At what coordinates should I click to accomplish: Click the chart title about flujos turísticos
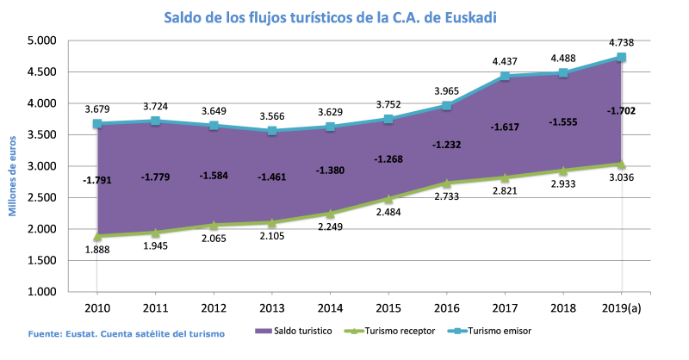(342, 17)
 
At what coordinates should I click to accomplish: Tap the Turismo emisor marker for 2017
(504, 76)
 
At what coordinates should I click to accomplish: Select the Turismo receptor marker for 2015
(388, 199)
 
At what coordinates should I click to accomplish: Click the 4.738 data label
(621, 40)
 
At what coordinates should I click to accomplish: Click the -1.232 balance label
(447, 145)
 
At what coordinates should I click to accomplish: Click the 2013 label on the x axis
(272, 307)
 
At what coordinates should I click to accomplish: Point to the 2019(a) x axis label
(621, 307)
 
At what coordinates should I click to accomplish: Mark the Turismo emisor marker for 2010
(97, 124)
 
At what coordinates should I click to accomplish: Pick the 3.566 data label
(272, 116)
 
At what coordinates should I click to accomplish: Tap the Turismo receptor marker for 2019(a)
(621, 164)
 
